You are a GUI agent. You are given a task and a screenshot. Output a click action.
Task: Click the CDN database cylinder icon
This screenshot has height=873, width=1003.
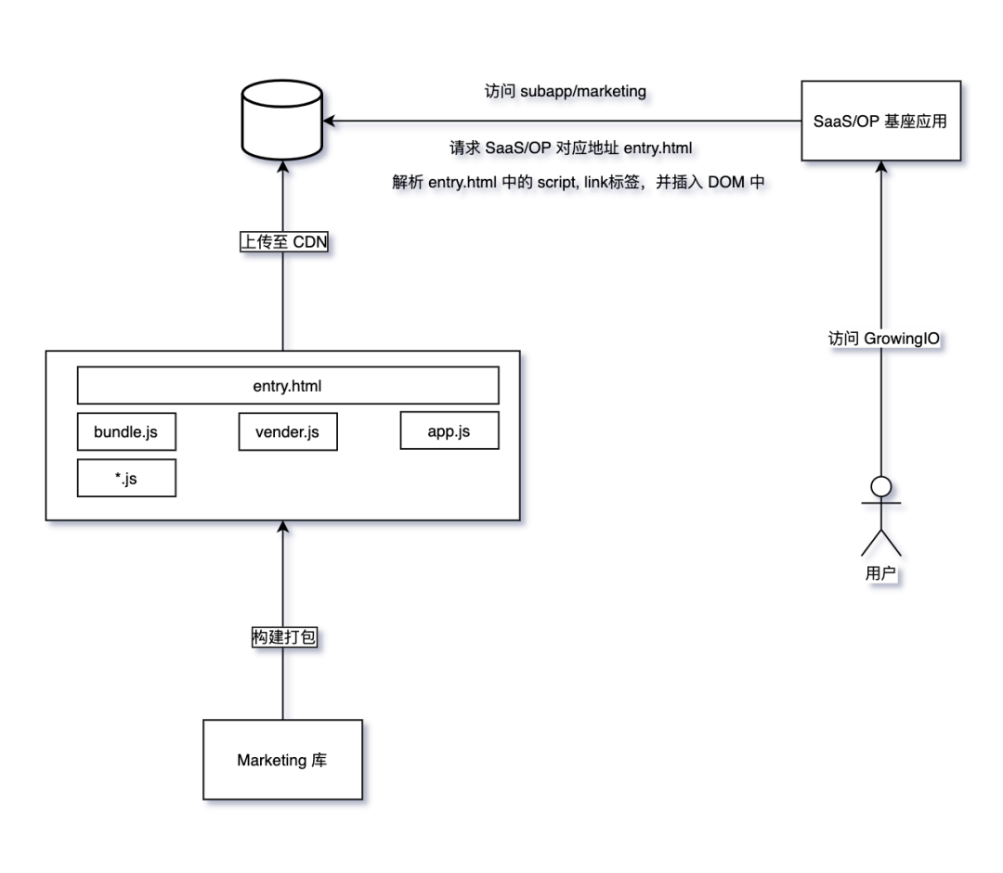282,120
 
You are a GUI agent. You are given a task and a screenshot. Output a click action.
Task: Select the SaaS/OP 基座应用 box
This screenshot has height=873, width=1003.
880,121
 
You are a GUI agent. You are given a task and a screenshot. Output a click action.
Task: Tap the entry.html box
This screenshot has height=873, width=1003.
288,385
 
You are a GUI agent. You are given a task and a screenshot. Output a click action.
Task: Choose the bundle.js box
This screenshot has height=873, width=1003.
126,431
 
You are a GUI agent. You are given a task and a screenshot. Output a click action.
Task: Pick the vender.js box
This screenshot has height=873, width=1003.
288,431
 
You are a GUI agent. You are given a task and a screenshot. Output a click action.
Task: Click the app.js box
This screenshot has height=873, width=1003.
449,430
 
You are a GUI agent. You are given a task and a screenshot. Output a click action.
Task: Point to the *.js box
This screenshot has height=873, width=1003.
126,478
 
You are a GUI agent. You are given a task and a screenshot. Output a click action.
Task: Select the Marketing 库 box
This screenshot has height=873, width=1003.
282,760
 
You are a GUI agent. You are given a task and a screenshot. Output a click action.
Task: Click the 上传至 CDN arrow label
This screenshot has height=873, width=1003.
283,241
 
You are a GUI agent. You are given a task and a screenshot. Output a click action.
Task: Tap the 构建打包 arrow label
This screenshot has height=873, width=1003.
283,637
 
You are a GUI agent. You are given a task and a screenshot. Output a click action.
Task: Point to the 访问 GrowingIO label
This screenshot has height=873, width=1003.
883,338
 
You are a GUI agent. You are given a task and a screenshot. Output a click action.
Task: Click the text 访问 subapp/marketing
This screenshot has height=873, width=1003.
565,92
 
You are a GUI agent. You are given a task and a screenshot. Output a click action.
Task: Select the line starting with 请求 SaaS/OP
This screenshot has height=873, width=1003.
570,148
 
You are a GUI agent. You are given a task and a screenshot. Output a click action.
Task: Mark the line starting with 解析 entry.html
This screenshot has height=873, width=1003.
578,182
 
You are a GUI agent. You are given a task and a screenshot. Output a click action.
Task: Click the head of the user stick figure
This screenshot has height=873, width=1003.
880,486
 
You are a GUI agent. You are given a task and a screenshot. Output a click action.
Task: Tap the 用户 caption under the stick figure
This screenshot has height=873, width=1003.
880,573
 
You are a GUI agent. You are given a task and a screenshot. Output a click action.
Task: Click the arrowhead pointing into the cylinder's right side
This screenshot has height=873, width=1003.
329,121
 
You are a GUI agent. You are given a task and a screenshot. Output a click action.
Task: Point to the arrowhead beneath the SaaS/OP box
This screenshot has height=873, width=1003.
880,167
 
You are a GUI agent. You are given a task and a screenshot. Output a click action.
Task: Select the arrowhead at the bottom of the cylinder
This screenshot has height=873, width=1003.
282,167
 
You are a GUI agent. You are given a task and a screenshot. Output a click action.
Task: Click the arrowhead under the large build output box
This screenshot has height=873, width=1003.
282,527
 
